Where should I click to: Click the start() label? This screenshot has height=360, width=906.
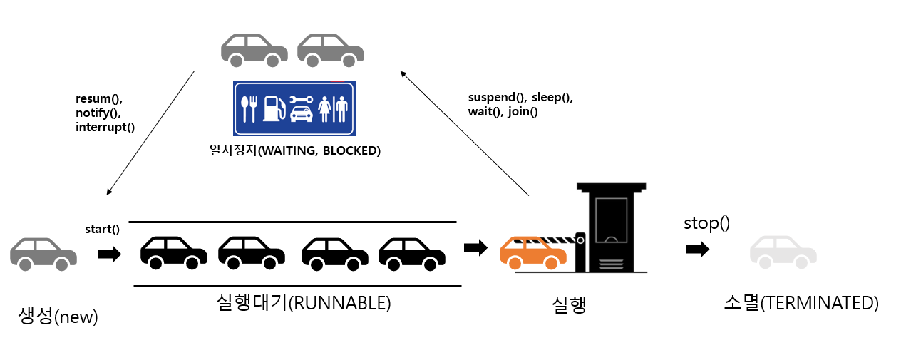[x=102, y=229]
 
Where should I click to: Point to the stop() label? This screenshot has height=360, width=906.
[x=706, y=222]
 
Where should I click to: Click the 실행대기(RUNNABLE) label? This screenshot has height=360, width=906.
[x=303, y=302]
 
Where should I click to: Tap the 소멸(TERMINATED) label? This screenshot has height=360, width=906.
[x=801, y=303]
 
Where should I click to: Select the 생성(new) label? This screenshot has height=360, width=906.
[x=58, y=316]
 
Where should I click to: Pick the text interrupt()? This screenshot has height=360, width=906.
[x=105, y=127]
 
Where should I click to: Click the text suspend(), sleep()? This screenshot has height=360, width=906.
[x=520, y=97]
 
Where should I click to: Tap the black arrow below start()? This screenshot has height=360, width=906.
[x=109, y=254]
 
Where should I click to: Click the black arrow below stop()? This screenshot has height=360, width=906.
[x=698, y=249]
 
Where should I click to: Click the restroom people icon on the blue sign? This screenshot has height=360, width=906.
[x=333, y=109]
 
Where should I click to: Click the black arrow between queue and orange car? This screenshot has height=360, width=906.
[x=475, y=247]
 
